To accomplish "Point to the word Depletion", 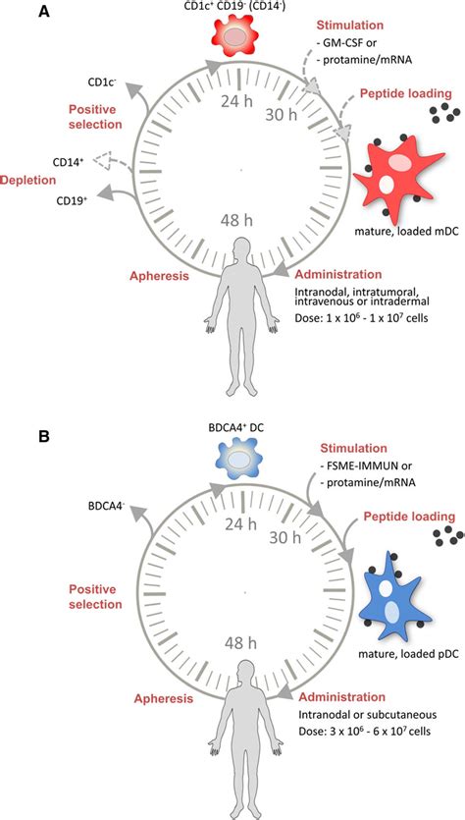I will [26, 180].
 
